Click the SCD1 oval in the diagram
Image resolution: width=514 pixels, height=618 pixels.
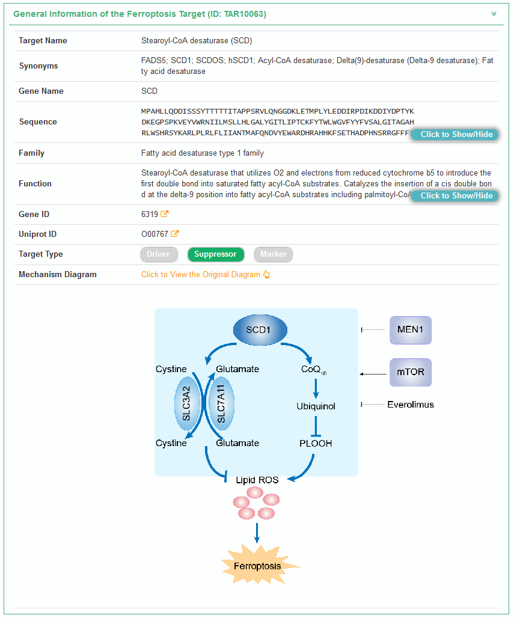(x=259, y=330)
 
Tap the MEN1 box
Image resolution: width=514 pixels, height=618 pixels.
(x=411, y=330)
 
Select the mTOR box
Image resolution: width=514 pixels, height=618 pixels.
(x=411, y=372)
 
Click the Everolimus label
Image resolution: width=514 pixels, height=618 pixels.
(x=411, y=405)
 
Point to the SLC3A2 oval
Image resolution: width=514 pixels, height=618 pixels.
(x=187, y=404)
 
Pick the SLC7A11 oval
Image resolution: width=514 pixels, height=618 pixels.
(x=221, y=404)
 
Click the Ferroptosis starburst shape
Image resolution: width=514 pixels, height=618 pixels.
(x=257, y=566)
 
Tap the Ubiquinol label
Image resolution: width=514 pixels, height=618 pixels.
(x=316, y=406)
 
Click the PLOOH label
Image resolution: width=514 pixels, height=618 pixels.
(x=316, y=443)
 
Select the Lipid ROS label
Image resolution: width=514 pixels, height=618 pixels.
(x=257, y=480)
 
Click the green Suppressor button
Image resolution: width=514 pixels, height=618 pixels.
(x=215, y=254)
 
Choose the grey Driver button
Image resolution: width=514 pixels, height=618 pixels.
(x=158, y=254)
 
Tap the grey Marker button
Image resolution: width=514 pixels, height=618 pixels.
(x=274, y=254)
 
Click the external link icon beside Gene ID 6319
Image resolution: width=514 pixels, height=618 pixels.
(x=165, y=214)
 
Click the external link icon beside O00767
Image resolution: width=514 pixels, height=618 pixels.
(x=175, y=234)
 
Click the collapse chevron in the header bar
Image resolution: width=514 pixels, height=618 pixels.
(x=494, y=14)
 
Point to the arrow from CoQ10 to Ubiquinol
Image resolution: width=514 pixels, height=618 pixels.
(x=316, y=388)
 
